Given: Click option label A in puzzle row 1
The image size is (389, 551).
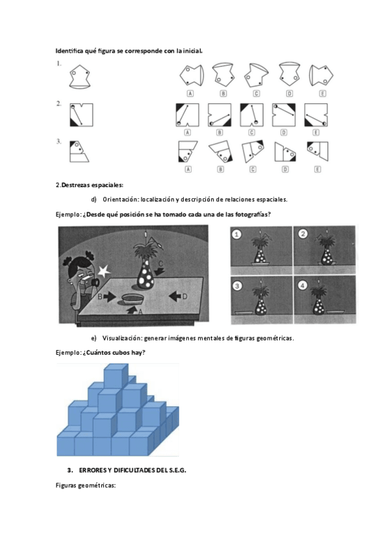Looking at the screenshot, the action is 190,94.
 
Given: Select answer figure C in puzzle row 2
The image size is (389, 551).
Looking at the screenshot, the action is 252,114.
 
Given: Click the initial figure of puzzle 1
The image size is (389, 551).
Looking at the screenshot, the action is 80,76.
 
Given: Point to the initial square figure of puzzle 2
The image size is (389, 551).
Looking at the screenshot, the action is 81,114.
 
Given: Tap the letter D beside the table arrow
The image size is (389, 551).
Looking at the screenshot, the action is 184,297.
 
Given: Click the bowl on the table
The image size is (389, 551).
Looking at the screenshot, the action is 132,300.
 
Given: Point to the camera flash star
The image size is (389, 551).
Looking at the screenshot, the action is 103,271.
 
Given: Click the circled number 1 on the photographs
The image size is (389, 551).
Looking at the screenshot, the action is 237,234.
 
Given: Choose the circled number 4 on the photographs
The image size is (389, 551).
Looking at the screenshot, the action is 303,285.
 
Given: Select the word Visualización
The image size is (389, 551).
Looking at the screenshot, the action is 122,339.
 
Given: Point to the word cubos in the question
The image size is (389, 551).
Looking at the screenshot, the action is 121,352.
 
